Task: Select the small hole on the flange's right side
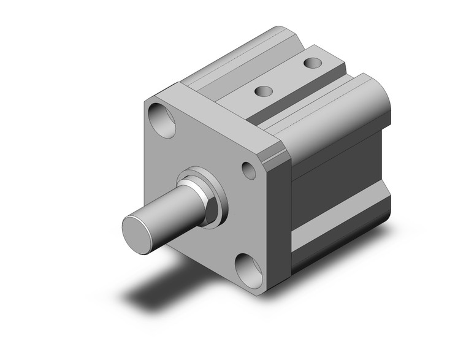pos(249,170)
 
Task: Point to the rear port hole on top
pos(312,63)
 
